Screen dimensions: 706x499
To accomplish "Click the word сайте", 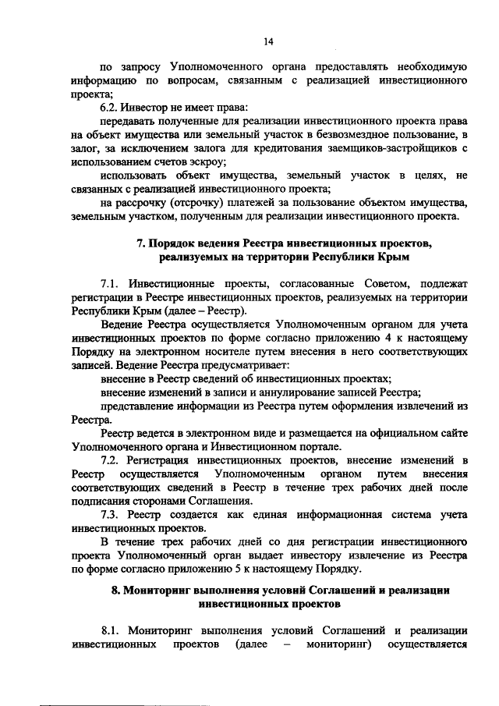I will click(x=451, y=434).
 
